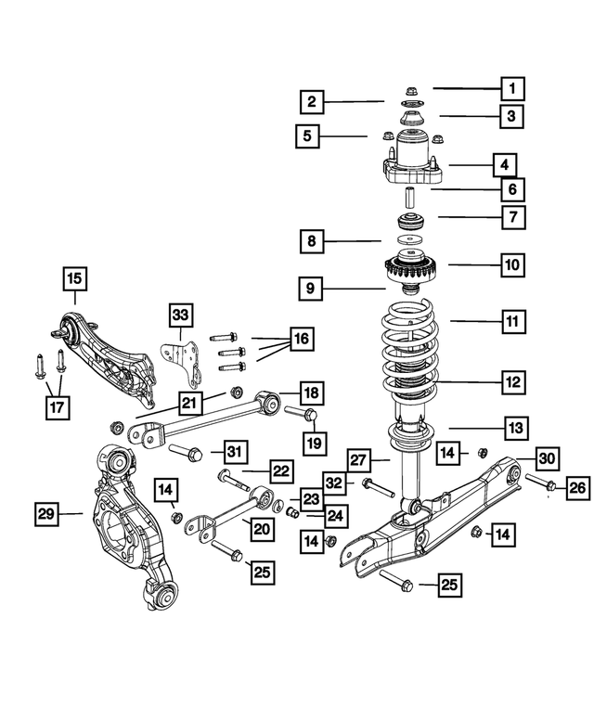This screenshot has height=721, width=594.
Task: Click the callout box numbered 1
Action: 510,89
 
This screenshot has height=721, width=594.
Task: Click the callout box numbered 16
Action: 300,339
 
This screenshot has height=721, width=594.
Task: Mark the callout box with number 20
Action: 263,527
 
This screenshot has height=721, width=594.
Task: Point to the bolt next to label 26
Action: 540,483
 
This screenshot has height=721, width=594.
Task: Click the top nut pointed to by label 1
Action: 409,90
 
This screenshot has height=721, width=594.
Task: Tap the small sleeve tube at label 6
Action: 407,198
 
